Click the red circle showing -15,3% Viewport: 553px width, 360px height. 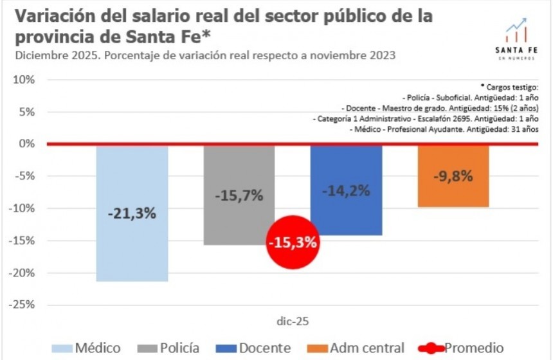[x=293, y=243]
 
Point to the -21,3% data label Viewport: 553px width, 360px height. [x=132, y=213]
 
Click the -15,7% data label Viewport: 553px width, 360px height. [x=239, y=195]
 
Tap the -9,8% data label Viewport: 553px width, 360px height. [x=453, y=175]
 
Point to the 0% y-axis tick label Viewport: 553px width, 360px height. [x=25, y=144]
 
